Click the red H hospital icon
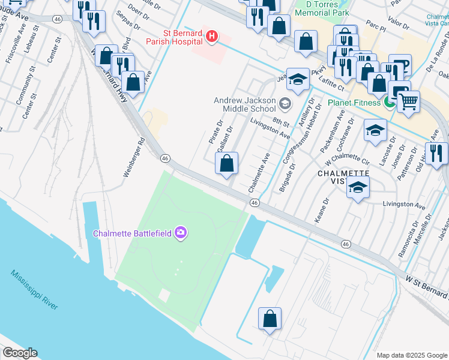[x=211, y=37]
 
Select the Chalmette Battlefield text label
[x=132, y=233]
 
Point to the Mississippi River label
[x=34, y=290]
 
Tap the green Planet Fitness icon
[x=390, y=103]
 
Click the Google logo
[x=20, y=353]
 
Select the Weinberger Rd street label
[x=134, y=158]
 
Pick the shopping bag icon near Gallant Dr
[x=227, y=163]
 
